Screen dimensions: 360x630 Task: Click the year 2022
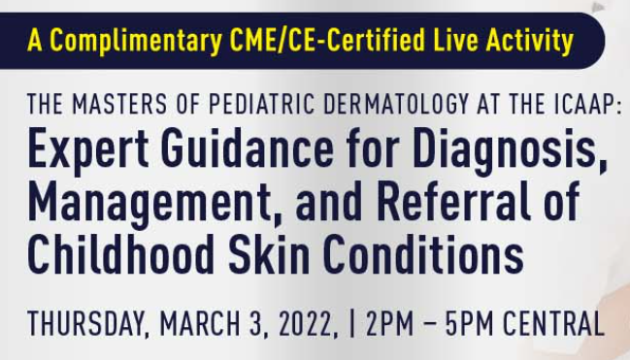[x=306, y=322]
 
